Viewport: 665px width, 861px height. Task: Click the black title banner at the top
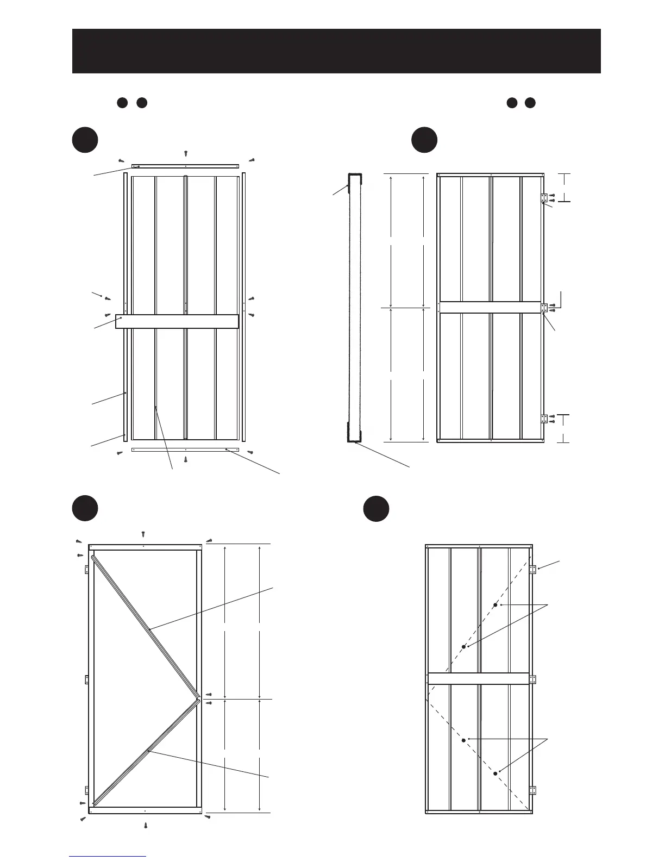(336, 51)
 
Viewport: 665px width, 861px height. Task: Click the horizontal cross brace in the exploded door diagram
(177, 321)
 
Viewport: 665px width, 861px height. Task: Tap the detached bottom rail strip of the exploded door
(185, 450)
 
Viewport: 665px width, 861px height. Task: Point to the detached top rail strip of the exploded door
(185, 165)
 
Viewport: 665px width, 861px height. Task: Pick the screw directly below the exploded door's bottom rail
(186, 459)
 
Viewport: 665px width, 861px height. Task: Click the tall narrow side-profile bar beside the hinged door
(355, 307)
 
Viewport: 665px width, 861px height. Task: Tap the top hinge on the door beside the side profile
(544, 198)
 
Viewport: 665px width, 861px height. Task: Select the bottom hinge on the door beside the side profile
(544, 419)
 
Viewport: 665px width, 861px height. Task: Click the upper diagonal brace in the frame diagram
(146, 626)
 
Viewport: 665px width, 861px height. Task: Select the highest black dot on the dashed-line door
(495, 605)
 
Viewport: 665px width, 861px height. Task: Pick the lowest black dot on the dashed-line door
(495, 773)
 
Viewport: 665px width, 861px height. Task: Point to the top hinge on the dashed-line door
(533, 570)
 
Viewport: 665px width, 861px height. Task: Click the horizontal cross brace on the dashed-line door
(478, 678)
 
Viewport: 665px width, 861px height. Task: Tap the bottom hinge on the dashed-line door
(533, 790)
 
